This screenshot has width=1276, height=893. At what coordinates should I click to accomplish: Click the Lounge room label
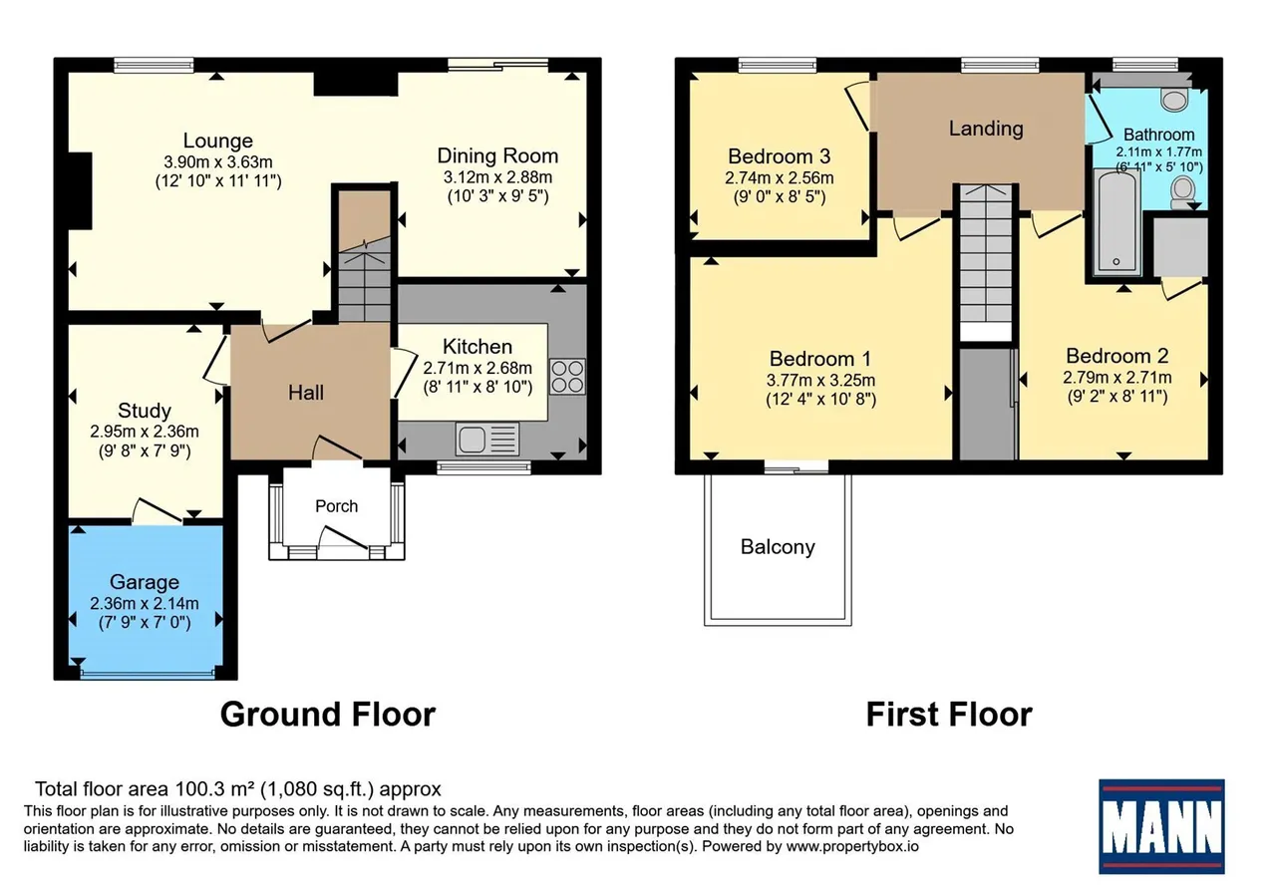click(x=218, y=141)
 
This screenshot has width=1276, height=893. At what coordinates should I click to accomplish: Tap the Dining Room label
click(x=497, y=155)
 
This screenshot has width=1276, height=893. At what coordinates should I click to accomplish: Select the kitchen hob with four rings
click(x=567, y=377)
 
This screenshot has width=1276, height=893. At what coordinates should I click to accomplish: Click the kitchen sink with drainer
click(x=487, y=440)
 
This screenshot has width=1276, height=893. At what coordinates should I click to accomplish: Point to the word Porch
click(x=337, y=506)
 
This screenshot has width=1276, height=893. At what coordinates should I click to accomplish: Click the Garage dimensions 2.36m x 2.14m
click(x=145, y=603)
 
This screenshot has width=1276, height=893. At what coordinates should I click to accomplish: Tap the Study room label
click(x=145, y=411)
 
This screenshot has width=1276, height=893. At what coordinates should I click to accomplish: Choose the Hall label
click(x=306, y=393)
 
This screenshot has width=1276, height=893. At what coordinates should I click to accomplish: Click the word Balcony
click(x=778, y=547)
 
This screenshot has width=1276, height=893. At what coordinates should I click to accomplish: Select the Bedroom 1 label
click(x=820, y=359)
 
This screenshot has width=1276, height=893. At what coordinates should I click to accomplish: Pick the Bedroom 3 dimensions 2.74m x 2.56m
click(x=780, y=178)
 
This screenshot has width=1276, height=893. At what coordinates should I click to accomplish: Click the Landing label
click(x=986, y=129)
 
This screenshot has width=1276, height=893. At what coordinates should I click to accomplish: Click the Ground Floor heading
click(x=328, y=715)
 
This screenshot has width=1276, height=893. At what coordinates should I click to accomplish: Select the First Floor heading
click(x=950, y=715)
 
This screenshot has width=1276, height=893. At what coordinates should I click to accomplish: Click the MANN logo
click(x=1161, y=826)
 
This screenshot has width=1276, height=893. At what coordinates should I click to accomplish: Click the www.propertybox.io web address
click(x=852, y=847)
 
